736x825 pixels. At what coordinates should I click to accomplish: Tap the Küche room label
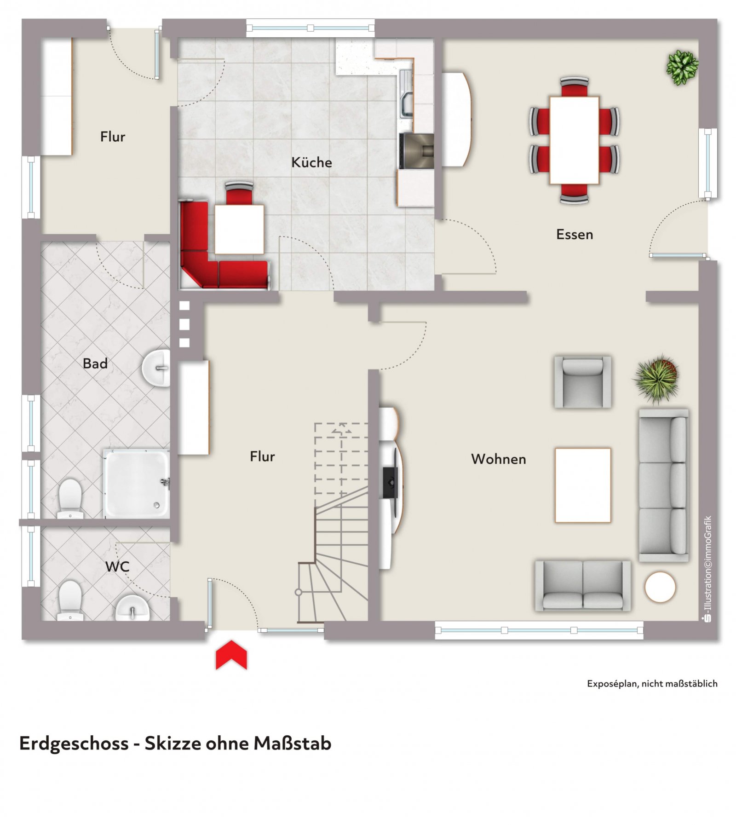tap(311, 162)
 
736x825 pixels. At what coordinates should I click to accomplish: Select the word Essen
tap(574, 234)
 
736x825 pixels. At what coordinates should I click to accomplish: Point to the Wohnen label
tap(498, 459)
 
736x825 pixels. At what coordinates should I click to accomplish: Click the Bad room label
tap(95, 363)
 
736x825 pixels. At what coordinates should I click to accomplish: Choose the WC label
tap(117, 566)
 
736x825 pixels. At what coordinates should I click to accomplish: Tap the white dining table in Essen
tap(574, 140)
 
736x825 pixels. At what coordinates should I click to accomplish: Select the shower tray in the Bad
tap(136, 483)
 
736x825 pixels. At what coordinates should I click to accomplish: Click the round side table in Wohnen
tap(660, 587)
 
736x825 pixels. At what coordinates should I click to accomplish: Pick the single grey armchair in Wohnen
tap(582, 381)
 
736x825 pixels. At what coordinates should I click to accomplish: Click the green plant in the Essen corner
tap(682, 67)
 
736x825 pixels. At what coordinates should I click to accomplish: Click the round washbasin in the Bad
tap(155, 368)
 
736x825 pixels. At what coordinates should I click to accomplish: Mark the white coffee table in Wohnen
tap(582, 485)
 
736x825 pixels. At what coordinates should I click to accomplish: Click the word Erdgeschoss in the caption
tap(74, 744)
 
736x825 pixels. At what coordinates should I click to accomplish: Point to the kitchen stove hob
tap(417, 150)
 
